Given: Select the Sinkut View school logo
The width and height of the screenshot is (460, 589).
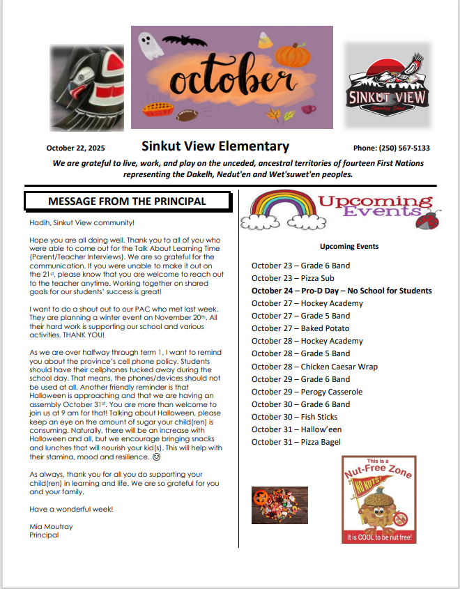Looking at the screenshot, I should tap(388, 85).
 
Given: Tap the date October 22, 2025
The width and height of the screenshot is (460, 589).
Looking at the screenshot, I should tap(75, 148).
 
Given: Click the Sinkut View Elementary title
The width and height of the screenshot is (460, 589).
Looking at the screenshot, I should tap(215, 146).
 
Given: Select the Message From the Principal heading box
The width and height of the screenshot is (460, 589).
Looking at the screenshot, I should tap(127, 201).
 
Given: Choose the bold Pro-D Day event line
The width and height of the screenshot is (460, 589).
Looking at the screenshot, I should tap(342, 291).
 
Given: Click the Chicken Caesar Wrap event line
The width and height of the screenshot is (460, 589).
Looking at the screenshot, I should tap(314, 367).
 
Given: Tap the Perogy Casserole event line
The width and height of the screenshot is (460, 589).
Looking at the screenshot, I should tap(307, 392).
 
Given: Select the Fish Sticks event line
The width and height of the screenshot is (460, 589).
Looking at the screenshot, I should tap(294, 417).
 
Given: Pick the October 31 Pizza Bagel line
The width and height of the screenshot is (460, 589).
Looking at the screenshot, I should tap(296, 442).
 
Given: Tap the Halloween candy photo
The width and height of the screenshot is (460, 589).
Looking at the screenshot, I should tap(279, 505).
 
